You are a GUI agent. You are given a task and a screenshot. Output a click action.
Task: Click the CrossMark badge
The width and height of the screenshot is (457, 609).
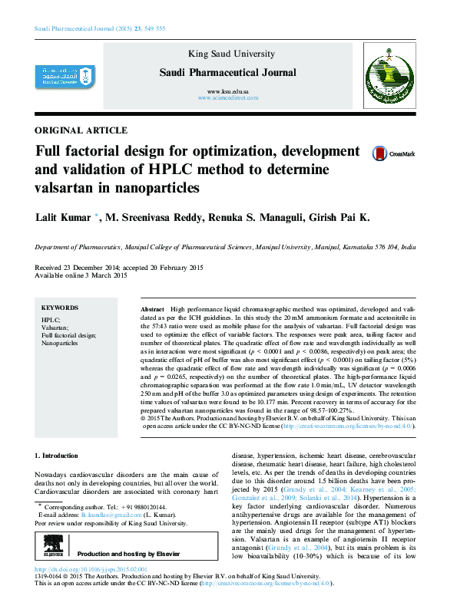pos(392,154)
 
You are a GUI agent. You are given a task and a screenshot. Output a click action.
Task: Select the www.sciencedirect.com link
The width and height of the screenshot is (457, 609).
pos(227,99)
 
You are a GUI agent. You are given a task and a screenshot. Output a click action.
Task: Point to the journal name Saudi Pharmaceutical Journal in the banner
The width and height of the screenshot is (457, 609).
pos(227,73)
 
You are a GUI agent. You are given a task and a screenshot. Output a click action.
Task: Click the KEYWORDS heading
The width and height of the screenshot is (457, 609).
pos(59,306)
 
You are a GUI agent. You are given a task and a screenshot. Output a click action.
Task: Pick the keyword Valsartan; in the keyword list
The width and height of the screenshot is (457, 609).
pos(55,326)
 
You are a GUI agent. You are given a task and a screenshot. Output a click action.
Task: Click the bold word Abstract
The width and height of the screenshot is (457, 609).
pos(152,308)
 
